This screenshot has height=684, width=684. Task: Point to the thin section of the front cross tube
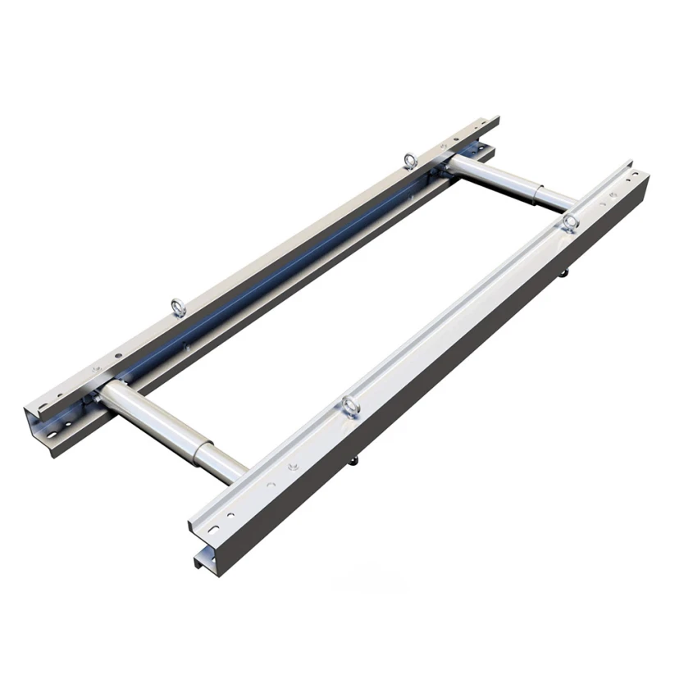pos(225,463)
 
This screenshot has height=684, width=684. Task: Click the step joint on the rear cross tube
pos(537,192)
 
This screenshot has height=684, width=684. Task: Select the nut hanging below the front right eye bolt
pos(355,459)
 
